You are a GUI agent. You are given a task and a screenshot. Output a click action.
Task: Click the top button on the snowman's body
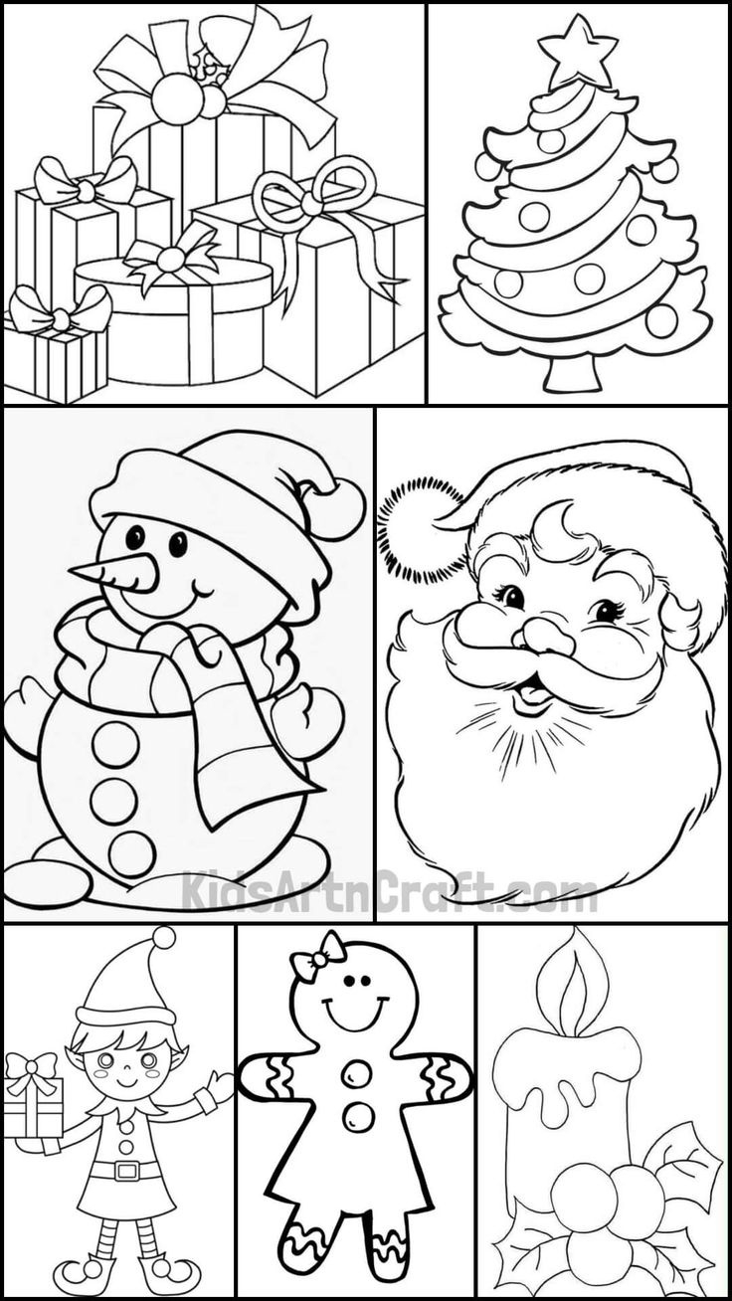click(x=115, y=743)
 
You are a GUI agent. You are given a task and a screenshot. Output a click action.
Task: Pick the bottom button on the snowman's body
click(x=131, y=853)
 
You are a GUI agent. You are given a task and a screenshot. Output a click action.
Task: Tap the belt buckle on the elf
click(x=127, y=1170)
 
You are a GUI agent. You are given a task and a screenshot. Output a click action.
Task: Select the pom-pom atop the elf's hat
click(x=163, y=937)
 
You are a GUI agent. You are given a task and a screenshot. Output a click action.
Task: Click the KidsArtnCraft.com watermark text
click(x=388, y=890)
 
